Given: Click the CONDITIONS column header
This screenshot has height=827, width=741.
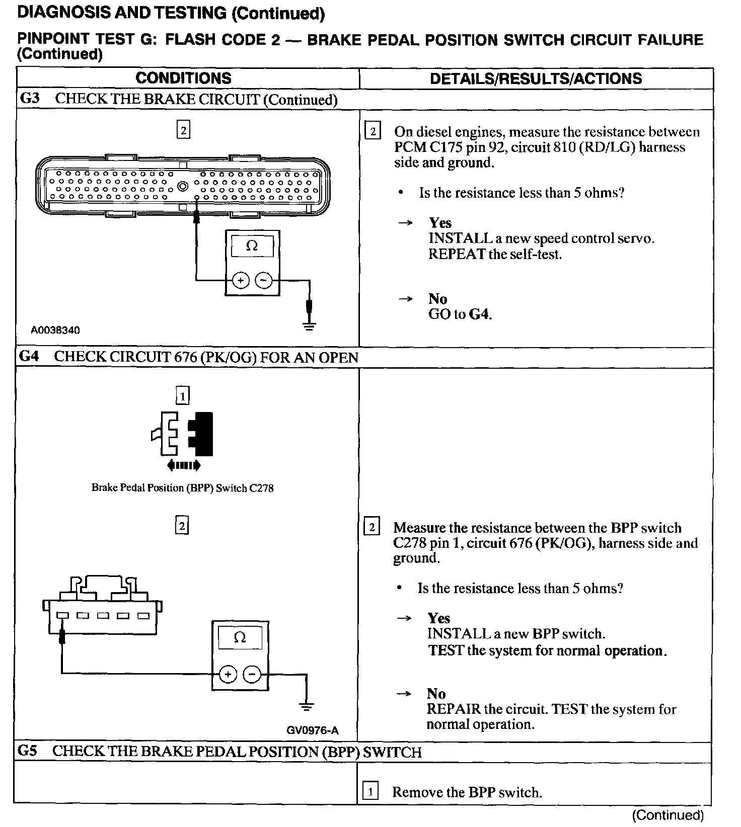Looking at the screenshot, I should [183, 78].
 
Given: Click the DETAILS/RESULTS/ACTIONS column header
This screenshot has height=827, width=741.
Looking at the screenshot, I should [536, 78].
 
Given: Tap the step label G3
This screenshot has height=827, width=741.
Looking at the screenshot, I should [29, 98].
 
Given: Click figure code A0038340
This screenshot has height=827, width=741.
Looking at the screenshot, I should [55, 330].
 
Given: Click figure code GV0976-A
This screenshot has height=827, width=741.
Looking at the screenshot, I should [313, 730].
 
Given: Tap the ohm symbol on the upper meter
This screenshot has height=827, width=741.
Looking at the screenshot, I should [252, 246].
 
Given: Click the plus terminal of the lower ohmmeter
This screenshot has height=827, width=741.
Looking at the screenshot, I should [228, 674].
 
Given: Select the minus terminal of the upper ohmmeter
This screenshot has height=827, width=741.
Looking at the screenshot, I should [264, 280].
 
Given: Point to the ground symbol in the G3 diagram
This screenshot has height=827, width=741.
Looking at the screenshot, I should [310, 326].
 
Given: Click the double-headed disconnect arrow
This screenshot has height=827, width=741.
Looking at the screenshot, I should [184, 465].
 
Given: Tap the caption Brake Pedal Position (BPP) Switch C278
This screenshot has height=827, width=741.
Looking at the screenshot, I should [182, 487].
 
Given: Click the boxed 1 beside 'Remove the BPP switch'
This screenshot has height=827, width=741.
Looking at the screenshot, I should [370, 792].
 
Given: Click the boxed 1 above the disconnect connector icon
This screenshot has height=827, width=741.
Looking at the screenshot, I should [182, 396].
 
